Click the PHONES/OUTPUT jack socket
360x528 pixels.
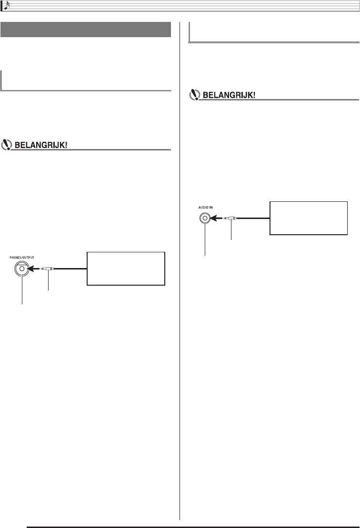click(22, 269)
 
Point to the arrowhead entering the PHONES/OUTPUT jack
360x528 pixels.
click(33, 269)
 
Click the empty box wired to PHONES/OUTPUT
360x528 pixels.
click(126, 269)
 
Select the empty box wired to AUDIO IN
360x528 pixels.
click(309, 218)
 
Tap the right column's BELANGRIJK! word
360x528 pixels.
click(230, 95)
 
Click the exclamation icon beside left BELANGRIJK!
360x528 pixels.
click(8, 145)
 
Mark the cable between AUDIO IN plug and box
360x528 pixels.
click(252, 218)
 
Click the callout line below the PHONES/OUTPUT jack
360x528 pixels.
click(22, 293)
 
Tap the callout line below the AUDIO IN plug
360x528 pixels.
click(230, 231)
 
